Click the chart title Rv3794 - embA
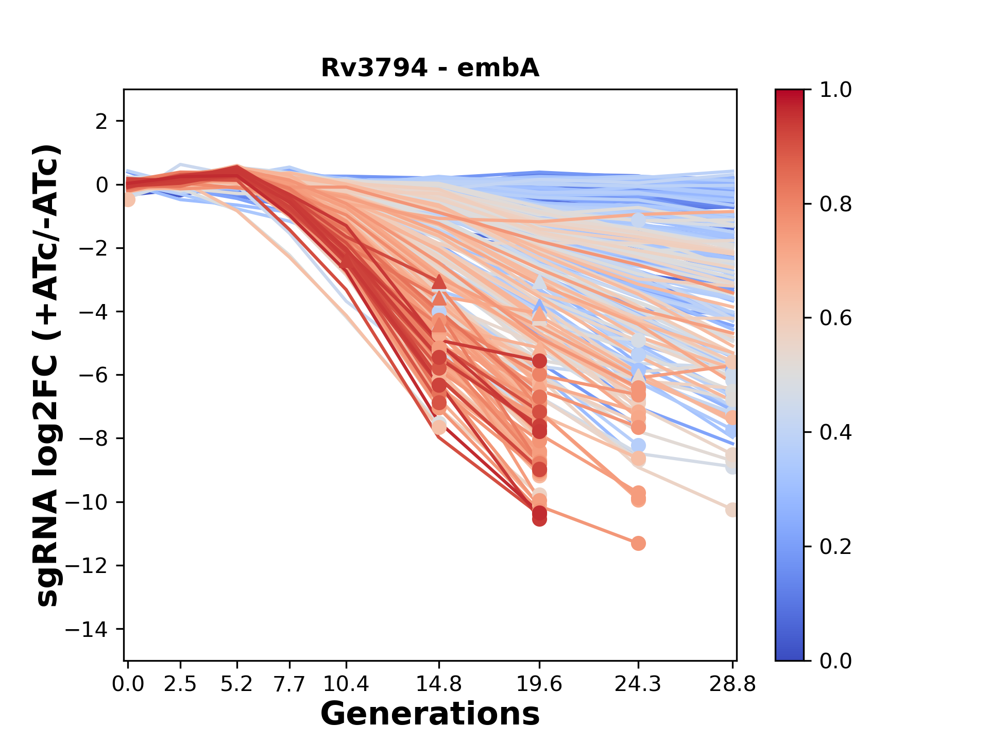tap(430, 68)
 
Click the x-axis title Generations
tap(430, 714)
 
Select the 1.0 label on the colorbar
tap(835, 90)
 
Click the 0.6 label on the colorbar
tap(835, 318)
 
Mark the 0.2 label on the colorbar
tap(835, 547)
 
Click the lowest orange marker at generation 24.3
tap(638, 543)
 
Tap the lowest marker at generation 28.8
tap(732, 510)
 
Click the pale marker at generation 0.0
tap(128, 199)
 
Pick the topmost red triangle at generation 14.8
tap(439, 281)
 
